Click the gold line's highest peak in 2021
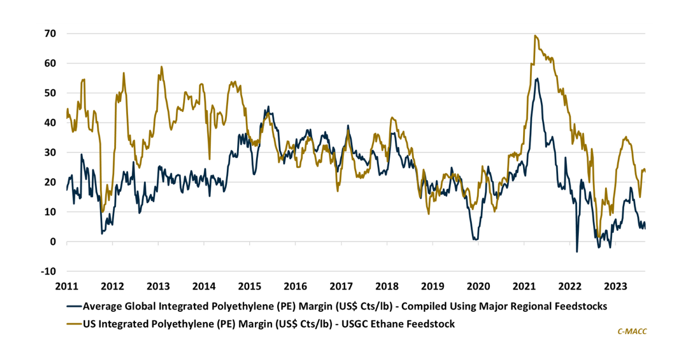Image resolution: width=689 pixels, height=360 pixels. (x=535, y=36)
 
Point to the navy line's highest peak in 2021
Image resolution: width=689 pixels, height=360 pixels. (x=537, y=78)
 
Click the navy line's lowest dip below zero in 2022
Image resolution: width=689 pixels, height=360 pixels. (x=577, y=251)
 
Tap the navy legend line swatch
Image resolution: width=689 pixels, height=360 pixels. (x=74, y=306)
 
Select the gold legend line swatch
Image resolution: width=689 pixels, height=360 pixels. (x=74, y=324)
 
